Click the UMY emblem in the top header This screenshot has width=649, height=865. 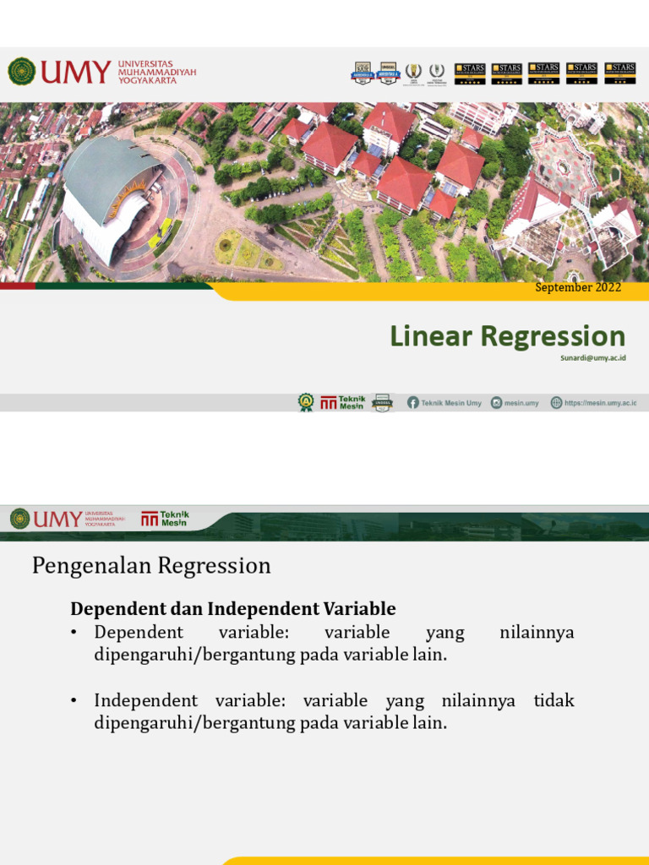(x=21, y=72)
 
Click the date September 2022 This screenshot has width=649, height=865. (x=579, y=287)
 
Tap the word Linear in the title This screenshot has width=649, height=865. (x=431, y=336)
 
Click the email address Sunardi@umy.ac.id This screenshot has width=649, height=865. (x=592, y=358)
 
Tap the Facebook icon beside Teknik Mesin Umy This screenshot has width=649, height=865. (x=412, y=403)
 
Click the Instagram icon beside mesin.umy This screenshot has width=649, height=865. (x=497, y=403)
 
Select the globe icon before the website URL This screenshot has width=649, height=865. (x=556, y=403)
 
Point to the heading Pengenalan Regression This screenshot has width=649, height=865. (x=151, y=565)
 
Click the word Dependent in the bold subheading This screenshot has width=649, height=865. (x=106, y=608)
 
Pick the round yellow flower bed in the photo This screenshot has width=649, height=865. (x=226, y=247)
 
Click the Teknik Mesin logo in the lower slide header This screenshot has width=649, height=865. (x=165, y=519)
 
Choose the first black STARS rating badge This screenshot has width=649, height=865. (x=470, y=73)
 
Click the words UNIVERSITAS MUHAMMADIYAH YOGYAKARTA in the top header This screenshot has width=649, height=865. (x=156, y=72)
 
